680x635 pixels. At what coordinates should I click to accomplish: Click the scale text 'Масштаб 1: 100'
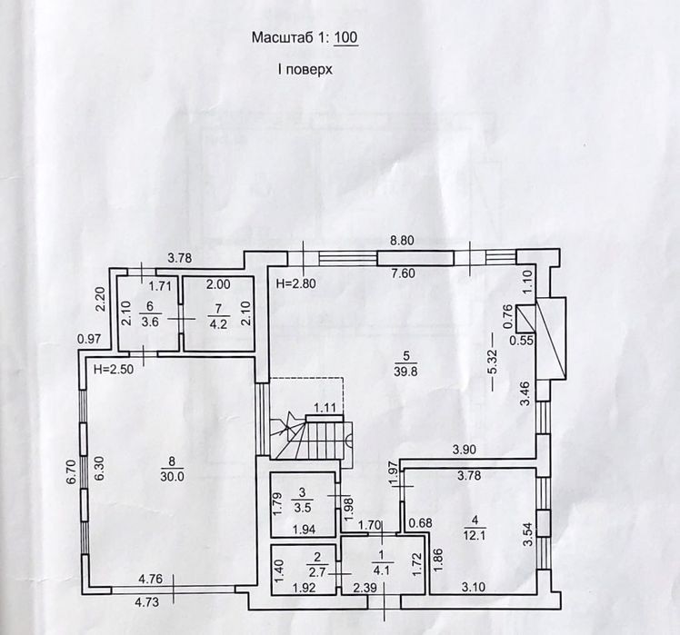pos(305,38)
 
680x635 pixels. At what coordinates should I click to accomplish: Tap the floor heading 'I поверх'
pos(305,69)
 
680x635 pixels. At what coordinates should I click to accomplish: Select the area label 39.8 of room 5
pos(405,371)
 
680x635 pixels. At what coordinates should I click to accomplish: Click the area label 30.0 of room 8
pos(172,476)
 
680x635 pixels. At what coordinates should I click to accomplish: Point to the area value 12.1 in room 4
pos(474,535)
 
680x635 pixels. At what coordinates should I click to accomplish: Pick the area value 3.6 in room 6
pos(150,322)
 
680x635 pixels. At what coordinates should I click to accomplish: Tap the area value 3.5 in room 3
pos(302,507)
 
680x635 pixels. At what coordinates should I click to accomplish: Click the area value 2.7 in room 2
pos(317,572)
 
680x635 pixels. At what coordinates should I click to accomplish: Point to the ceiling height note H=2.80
pos(295,284)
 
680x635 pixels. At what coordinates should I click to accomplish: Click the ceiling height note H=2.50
pos(114,370)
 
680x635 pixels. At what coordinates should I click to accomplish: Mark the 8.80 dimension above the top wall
pos(402,240)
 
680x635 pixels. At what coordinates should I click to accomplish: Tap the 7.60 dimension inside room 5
pos(403,273)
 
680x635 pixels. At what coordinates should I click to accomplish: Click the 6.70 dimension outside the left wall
pos(72,471)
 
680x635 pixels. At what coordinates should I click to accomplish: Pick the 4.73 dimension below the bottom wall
pos(147,602)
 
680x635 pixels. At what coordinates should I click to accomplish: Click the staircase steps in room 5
pos(312,437)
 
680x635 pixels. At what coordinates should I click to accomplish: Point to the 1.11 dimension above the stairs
pos(325,408)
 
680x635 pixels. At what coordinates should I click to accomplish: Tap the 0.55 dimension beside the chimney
pos(521,341)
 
